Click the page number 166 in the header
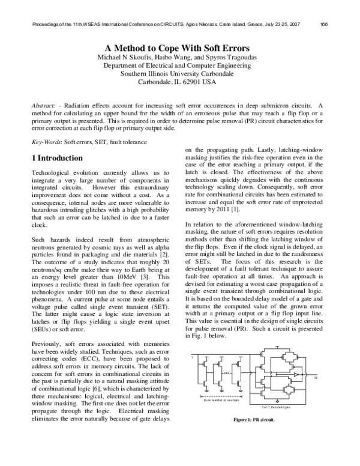point(324,25)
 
